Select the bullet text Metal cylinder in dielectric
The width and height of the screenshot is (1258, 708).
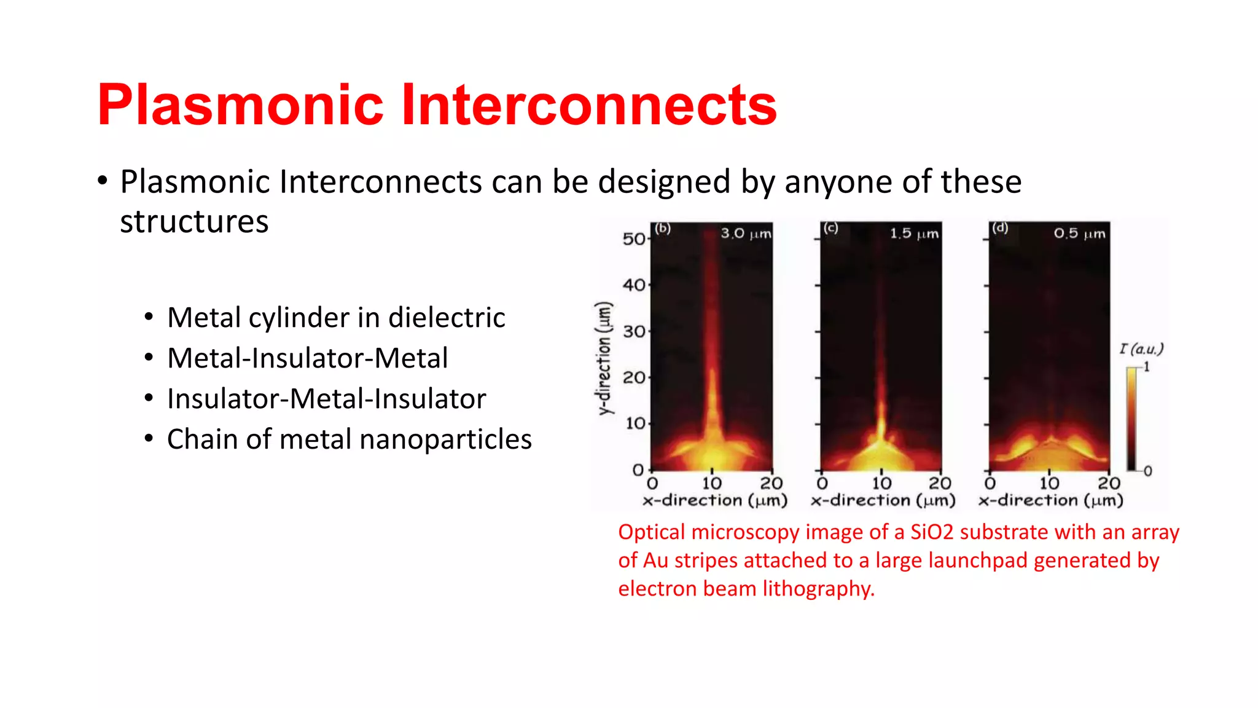tap(336, 318)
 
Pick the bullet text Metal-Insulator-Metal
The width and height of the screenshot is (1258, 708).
tap(307, 358)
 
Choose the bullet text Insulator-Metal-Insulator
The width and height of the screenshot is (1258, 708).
tap(326, 399)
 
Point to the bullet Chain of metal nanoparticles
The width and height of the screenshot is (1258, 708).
tap(349, 439)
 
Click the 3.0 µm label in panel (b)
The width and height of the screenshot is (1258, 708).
tap(745, 234)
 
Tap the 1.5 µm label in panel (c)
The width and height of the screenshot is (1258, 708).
tap(914, 234)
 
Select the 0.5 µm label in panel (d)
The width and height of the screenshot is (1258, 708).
tap(1079, 234)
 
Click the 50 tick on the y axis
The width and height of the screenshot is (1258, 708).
tap(633, 239)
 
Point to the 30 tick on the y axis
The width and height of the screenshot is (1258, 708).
tap(634, 332)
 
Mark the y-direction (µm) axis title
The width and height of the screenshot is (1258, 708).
tap(605, 358)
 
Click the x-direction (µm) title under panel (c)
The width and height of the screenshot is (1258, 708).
tap(883, 500)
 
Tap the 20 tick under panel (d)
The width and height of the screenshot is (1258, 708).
tap(1109, 483)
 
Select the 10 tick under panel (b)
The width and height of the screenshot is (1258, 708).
tap(712, 483)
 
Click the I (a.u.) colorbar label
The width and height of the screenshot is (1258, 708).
tap(1141, 349)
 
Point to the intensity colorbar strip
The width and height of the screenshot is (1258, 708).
tap(1131, 418)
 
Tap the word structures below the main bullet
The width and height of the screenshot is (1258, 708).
tap(194, 222)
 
